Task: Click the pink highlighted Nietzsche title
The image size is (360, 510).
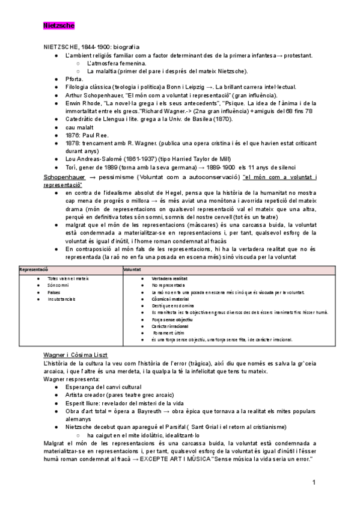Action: [x=58, y=26]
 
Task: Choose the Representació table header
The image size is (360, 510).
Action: [x=34, y=271]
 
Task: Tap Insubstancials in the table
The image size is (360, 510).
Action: [x=61, y=299]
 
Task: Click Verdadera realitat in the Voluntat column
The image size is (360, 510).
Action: [x=169, y=279]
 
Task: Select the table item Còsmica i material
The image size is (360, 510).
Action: [x=170, y=299]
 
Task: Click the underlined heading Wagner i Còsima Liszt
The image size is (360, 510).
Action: [x=76, y=355]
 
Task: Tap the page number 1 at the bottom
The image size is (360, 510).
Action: [x=314, y=483]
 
